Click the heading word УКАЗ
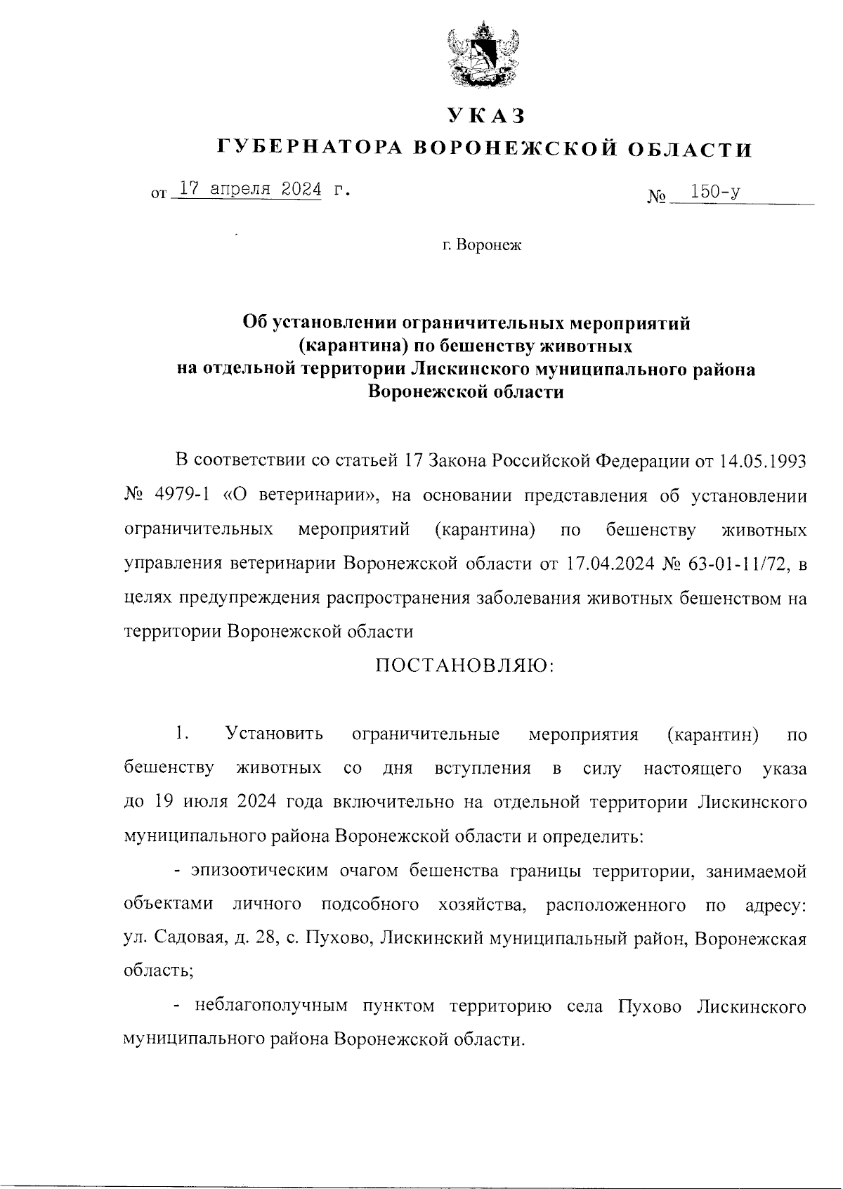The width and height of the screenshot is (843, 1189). click(485, 115)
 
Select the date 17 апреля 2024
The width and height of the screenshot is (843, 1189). click(250, 189)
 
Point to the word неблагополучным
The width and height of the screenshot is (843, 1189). click(270, 1007)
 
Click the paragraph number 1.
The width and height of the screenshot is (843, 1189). click(182, 735)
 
